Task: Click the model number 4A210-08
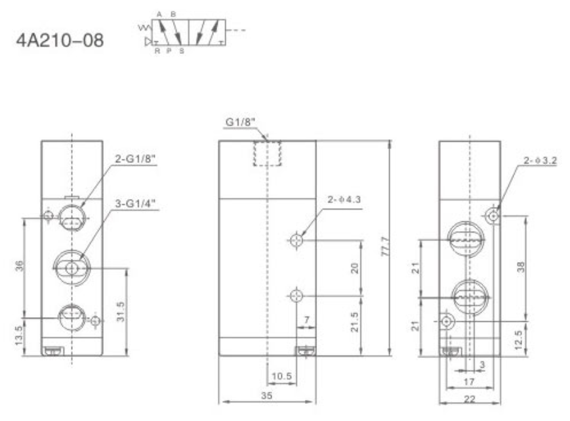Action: click(x=58, y=41)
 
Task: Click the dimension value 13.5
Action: click(x=19, y=336)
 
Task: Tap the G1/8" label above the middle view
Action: click(x=240, y=122)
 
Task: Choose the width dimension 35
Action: click(x=266, y=395)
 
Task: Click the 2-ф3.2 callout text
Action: click(x=540, y=160)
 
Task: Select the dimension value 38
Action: click(x=521, y=267)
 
